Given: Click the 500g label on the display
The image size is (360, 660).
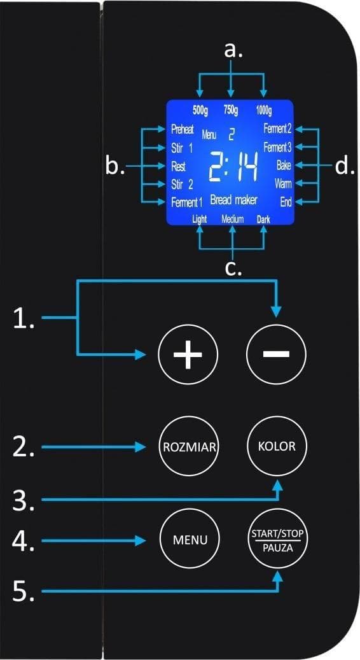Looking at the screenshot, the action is [200, 111].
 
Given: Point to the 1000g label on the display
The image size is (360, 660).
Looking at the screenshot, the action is [264, 111].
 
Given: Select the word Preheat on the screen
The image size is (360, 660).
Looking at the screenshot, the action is [183, 130].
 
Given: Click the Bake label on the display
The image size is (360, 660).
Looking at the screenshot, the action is [284, 165].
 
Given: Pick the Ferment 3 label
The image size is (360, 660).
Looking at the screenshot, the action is [277, 148].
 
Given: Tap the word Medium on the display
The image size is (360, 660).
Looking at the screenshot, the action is [233, 220].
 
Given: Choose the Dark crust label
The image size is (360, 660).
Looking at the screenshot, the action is [263, 220].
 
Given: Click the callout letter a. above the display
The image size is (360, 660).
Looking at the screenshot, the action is [233, 50].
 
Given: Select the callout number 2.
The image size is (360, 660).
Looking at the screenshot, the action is [22, 448].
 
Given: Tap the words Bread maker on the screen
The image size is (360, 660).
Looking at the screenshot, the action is [233, 200].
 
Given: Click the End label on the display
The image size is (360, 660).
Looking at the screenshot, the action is [286, 202].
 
